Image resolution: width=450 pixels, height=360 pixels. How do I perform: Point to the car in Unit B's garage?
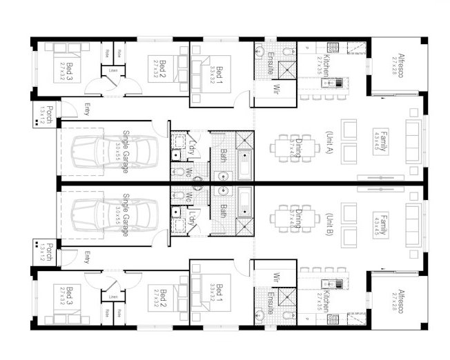[x=110, y=214]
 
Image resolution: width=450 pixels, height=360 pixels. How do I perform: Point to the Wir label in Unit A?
[x=275, y=88]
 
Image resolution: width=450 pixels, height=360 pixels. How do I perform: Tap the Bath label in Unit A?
[x=222, y=156]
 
